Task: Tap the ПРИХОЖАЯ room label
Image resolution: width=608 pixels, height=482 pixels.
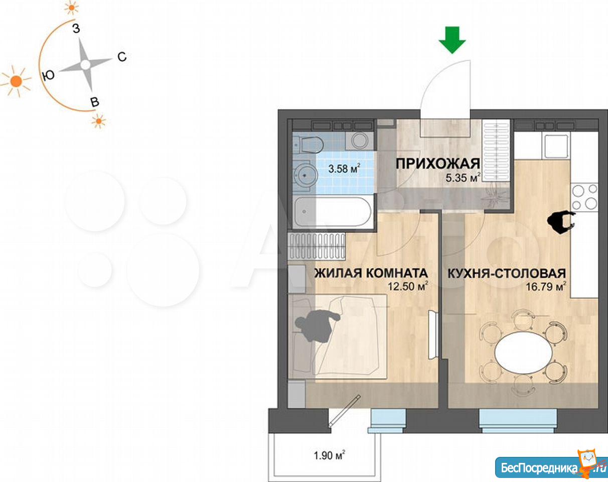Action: (x=437, y=164)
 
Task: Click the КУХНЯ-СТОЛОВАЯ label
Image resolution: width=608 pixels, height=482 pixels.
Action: (x=507, y=274)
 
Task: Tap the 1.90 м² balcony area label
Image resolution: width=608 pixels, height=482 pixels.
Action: (x=330, y=455)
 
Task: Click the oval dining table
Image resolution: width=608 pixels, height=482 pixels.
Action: (x=524, y=352)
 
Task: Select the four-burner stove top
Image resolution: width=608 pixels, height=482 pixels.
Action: (x=585, y=197)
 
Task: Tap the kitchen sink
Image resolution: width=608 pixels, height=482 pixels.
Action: (x=556, y=147)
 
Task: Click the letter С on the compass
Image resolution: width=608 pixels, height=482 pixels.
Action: (x=122, y=57)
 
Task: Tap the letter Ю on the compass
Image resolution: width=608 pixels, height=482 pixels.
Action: (x=48, y=75)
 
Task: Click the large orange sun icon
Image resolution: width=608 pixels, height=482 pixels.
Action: (x=16, y=81)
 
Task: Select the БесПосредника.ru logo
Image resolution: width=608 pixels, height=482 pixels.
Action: (x=551, y=467)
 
